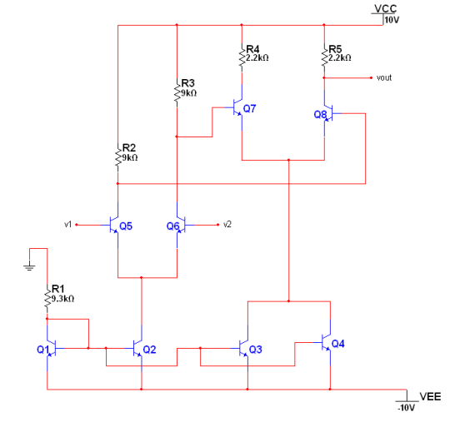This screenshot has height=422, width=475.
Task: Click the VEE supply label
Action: (x=429, y=396)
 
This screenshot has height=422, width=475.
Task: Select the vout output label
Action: (x=383, y=77)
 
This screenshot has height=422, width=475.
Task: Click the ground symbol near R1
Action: (x=29, y=266)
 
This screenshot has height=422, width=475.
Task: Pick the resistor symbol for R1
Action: (x=47, y=295)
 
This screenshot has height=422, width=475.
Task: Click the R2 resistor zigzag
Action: (x=117, y=155)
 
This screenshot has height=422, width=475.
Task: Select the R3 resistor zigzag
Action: (x=177, y=91)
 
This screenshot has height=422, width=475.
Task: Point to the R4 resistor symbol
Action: (x=242, y=57)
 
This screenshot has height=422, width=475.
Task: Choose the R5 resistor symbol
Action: (x=324, y=57)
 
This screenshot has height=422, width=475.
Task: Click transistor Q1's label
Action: (x=42, y=350)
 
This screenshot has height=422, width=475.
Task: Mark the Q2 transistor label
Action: (x=149, y=349)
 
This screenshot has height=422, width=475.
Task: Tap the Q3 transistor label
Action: (x=256, y=349)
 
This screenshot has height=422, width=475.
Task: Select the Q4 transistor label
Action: (x=337, y=343)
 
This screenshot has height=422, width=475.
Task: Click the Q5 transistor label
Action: (x=126, y=226)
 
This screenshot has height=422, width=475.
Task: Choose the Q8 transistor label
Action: (x=320, y=114)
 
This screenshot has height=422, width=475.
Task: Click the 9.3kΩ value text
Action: (x=63, y=297)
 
